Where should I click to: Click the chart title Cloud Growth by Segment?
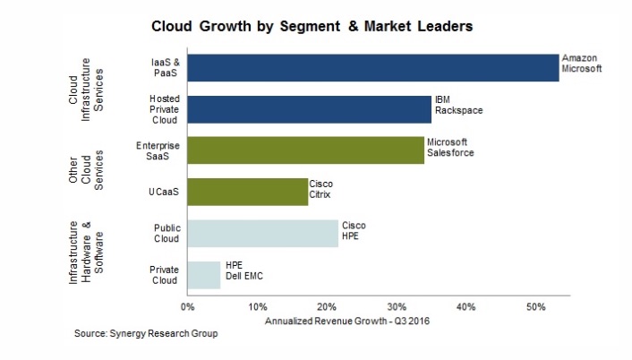[x=312, y=26]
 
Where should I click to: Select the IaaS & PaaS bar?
[x=372, y=68]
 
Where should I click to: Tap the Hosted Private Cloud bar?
[x=309, y=108]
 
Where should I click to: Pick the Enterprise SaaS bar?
[x=305, y=150]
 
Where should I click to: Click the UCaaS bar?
[x=247, y=192]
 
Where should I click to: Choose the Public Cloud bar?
[x=262, y=233]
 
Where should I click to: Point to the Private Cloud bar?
[x=203, y=274]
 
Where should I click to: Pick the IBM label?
[x=442, y=99]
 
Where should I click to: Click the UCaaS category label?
[x=166, y=192]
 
